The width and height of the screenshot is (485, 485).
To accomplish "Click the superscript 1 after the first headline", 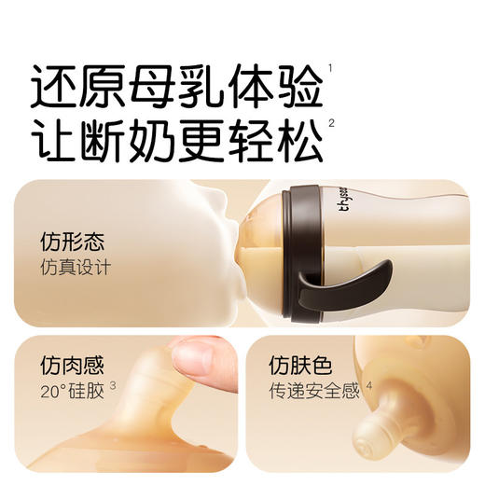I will click(x=331, y=67).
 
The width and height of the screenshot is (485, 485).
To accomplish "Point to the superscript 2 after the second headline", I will click(x=331, y=122).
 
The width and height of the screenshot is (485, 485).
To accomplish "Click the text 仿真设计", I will click(x=76, y=268).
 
